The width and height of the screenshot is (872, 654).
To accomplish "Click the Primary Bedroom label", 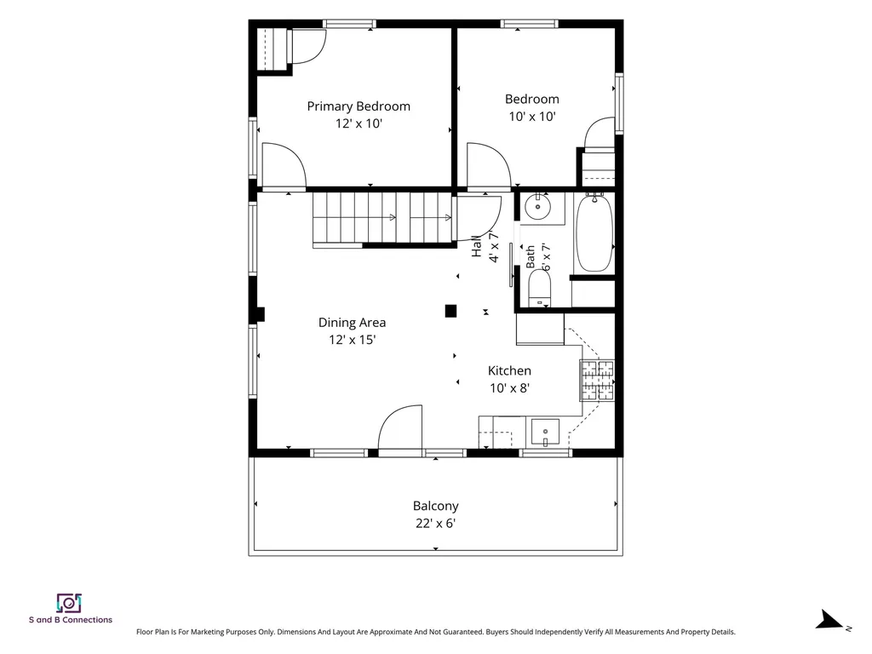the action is [359, 106].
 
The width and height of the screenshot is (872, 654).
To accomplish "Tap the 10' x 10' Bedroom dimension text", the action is [532, 116].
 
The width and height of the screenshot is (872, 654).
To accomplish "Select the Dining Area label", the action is [352, 323].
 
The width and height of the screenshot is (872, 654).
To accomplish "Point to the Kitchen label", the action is [509, 371].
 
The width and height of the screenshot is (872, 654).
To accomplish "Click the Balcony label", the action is [435, 506].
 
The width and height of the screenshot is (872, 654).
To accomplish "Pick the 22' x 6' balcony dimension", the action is [435, 524].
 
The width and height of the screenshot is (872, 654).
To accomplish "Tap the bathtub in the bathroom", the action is [594, 232].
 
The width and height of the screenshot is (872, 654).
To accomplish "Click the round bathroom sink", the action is [537, 208].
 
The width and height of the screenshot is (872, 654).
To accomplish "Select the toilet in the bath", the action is [539, 288].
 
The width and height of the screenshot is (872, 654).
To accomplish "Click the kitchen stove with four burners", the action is [597, 381].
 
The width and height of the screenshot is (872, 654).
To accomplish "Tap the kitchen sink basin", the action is [545, 433].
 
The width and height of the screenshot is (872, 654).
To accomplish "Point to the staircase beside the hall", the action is [382, 218].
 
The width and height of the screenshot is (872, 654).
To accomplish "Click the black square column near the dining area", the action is [451, 311].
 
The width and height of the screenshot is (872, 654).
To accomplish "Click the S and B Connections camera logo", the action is [69, 604].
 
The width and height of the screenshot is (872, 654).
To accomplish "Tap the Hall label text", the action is [477, 246].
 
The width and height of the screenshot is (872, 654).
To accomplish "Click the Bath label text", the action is [530, 257].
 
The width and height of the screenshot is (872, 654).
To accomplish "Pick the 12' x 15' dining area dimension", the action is [352, 340].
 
